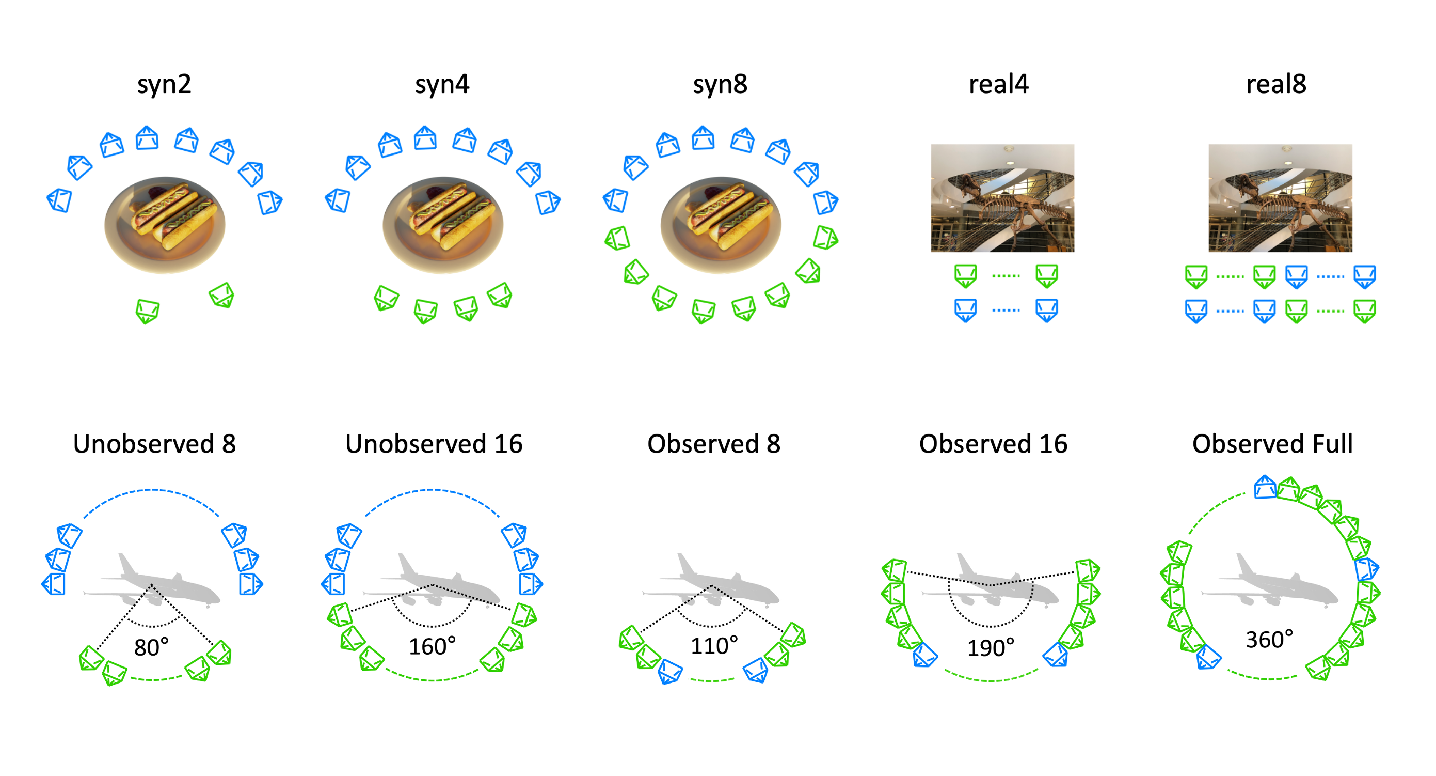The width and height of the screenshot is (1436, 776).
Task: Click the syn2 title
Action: pos(164,84)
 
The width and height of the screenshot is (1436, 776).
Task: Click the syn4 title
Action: pos(442,84)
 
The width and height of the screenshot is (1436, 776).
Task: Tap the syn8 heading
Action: pos(720,84)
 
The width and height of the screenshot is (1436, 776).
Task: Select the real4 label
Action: pos(998,84)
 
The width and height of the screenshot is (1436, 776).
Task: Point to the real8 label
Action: pos(1275,84)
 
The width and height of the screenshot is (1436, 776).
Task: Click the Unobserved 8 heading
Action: pos(154,444)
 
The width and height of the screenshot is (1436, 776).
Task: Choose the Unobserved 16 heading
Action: pos(434,444)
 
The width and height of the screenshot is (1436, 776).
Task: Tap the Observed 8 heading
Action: pos(713,444)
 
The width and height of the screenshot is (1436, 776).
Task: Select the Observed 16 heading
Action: pos(993,444)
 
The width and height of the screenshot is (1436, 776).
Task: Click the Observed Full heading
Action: pos(1272,444)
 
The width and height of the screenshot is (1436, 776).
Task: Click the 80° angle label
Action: pos(151,648)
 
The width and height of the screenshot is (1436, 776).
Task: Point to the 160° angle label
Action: pos(432,646)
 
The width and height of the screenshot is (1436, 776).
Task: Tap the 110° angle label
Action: pos(714,646)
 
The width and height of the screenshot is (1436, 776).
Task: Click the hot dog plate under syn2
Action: pos(165,224)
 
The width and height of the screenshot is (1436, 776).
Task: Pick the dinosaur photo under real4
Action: pos(1002,198)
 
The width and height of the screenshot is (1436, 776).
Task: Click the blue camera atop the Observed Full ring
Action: pos(1265,487)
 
